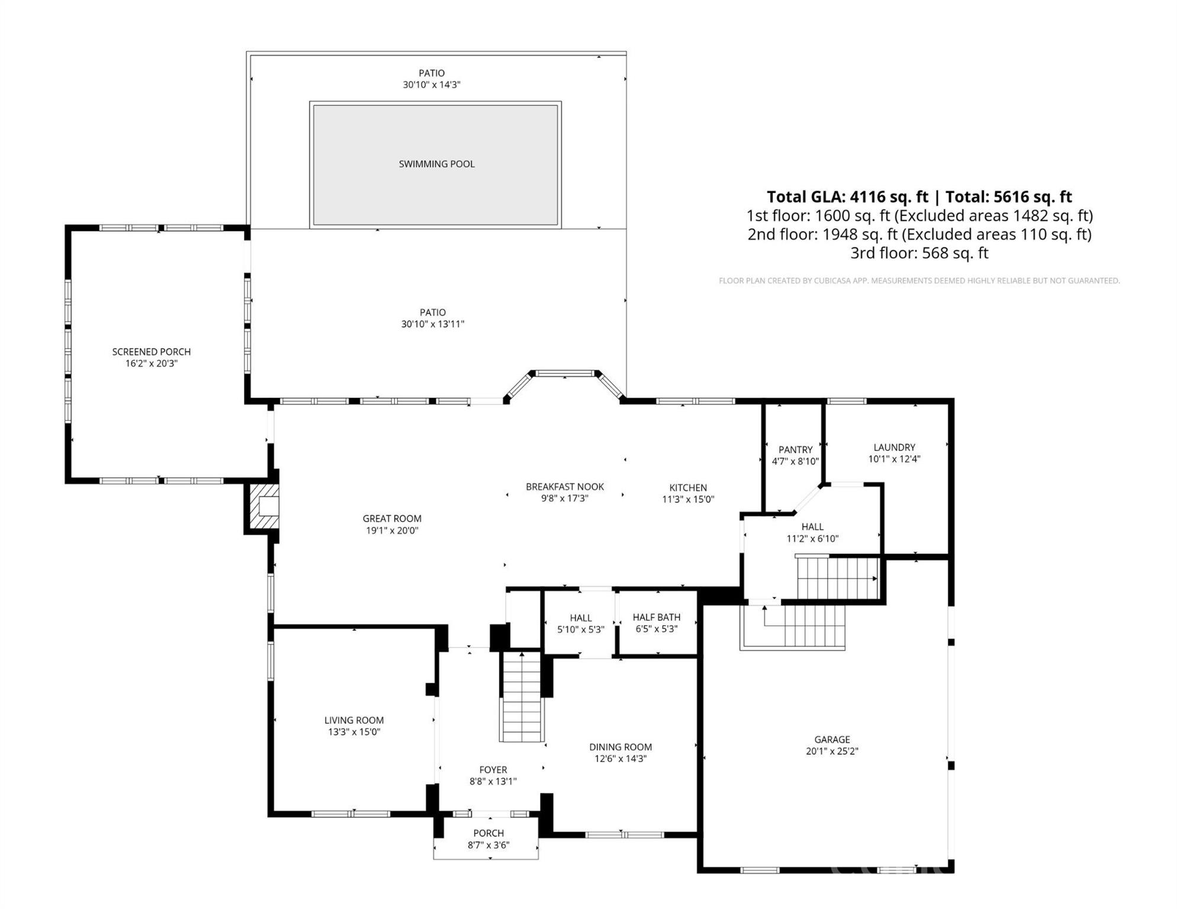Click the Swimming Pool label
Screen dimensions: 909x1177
(436, 164)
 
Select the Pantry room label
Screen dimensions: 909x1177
(795, 450)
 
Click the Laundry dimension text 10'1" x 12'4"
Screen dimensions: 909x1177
(894, 459)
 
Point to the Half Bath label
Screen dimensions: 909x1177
(656, 617)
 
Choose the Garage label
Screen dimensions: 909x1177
(832, 740)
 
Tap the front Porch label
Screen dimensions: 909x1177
(488, 833)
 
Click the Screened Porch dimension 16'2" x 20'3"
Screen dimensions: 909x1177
(152, 363)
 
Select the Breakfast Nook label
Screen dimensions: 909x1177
(565, 486)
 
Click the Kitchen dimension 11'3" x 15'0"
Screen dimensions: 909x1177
(688, 499)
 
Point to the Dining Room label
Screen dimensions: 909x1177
(620, 747)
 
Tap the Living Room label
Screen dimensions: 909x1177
(354, 720)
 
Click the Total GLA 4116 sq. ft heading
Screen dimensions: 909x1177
(919, 196)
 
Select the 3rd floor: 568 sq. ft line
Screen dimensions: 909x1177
(919, 253)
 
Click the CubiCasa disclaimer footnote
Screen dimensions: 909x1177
(919, 281)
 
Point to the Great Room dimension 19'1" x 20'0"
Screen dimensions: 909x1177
(392, 531)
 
